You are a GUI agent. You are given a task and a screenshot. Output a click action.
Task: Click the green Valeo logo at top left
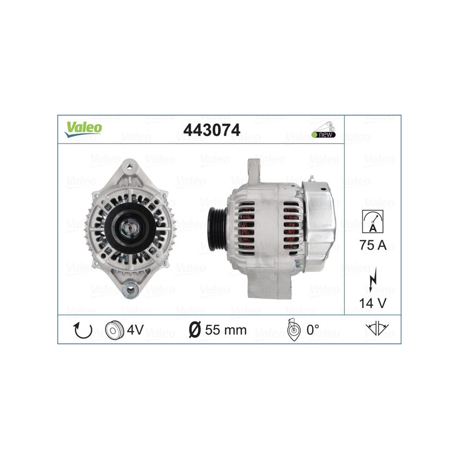pos(83,129)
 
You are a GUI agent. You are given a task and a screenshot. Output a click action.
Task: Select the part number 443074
pos(211,130)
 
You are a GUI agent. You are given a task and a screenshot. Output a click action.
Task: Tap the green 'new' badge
pos(324,134)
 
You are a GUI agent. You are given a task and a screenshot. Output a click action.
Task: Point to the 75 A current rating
pos(373,245)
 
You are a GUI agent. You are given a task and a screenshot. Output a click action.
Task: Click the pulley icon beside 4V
pos(114,330)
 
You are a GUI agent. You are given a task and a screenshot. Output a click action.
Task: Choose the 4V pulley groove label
pos(135,330)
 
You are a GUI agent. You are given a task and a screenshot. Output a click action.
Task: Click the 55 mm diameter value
pos(225,330)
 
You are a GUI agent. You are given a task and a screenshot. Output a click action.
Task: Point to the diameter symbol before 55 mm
pos(195,330)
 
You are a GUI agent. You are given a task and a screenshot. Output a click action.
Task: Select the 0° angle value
pos(312,330)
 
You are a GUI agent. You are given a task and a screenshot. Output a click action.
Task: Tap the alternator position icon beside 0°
pos(293,331)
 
